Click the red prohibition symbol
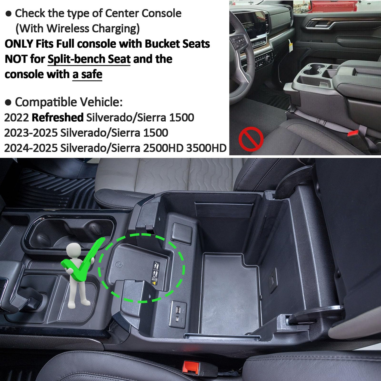point(251,139)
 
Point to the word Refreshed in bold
point(57,118)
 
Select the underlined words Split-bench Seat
point(89,59)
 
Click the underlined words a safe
point(87,75)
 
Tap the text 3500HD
point(206,148)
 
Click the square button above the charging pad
point(181,231)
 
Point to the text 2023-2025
point(31,133)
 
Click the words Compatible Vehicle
point(69,102)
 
